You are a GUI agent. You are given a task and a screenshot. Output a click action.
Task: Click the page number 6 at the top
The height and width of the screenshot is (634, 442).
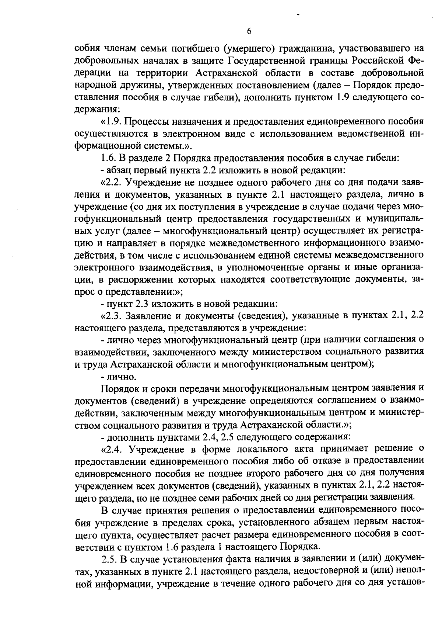(249, 31)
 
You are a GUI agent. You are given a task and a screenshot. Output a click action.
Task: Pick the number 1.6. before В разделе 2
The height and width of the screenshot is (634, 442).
(108, 158)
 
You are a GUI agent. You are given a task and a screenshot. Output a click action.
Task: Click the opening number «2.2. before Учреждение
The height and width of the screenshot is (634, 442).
(110, 183)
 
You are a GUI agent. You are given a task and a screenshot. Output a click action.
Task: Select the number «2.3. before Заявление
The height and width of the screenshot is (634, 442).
(110, 316)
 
